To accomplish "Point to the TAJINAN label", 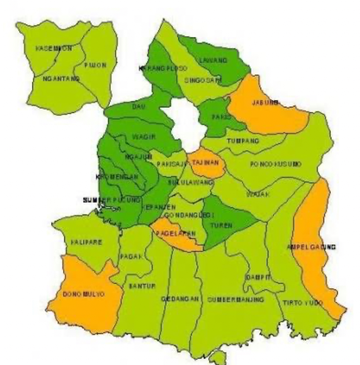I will [x=205, y=163].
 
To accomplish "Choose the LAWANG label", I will [x=213, y=60].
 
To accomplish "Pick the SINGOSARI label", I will [x=203, y=81].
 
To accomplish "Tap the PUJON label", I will [x=95, y=66].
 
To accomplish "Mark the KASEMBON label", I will [x=54, y=48].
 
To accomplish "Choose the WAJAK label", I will [x=258, y=194].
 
